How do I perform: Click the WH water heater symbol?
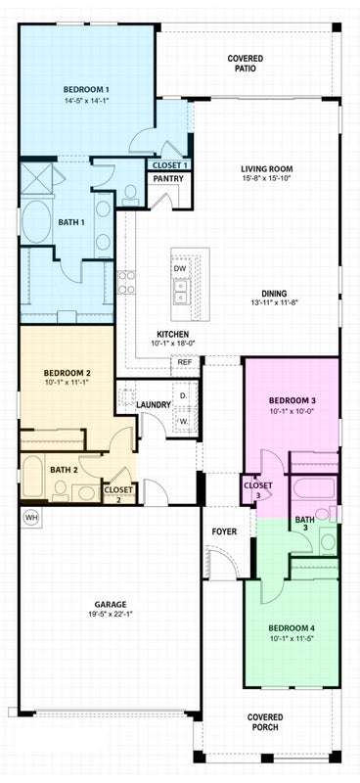coord(31,518)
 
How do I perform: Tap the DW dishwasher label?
coord(180,268)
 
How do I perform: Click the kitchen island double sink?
coord(180,292)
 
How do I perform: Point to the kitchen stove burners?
coord(126,282)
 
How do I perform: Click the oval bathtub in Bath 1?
coord(35,222)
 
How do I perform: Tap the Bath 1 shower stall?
coord(36,179)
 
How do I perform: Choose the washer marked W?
coord(183,421)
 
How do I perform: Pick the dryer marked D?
coord(183,396)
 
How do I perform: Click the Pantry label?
coord(168,178)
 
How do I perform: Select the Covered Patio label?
coord(246,64)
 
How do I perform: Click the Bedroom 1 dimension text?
coord(86,100)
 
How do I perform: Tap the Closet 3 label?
coord(258,490)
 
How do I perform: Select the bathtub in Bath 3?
coord(314,488)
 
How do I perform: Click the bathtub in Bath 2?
coord(32,476)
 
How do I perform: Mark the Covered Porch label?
coord(265,722)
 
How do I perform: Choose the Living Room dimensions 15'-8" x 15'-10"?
coord(266,178)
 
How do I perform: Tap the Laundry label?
coord(154,405)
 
